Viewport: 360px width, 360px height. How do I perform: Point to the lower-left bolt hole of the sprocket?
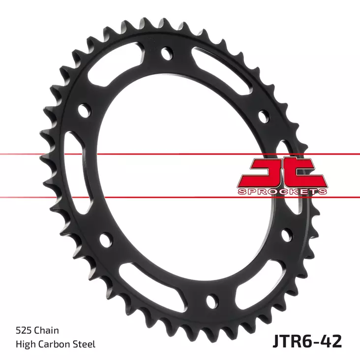click(104, 240)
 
